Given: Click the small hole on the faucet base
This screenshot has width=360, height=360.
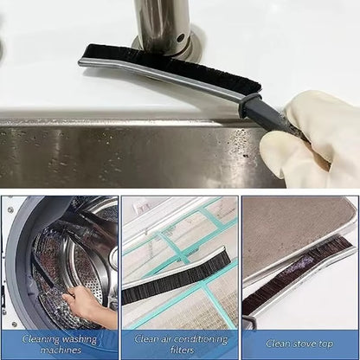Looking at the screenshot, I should (180, 39).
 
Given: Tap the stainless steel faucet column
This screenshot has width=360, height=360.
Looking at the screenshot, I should (162, 22).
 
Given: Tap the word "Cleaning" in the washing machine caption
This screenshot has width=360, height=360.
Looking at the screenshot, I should (38, 339).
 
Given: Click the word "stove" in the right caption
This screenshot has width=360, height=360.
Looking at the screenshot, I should (305, 344).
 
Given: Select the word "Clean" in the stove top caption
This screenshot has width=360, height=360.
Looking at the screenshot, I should (279, 344).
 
